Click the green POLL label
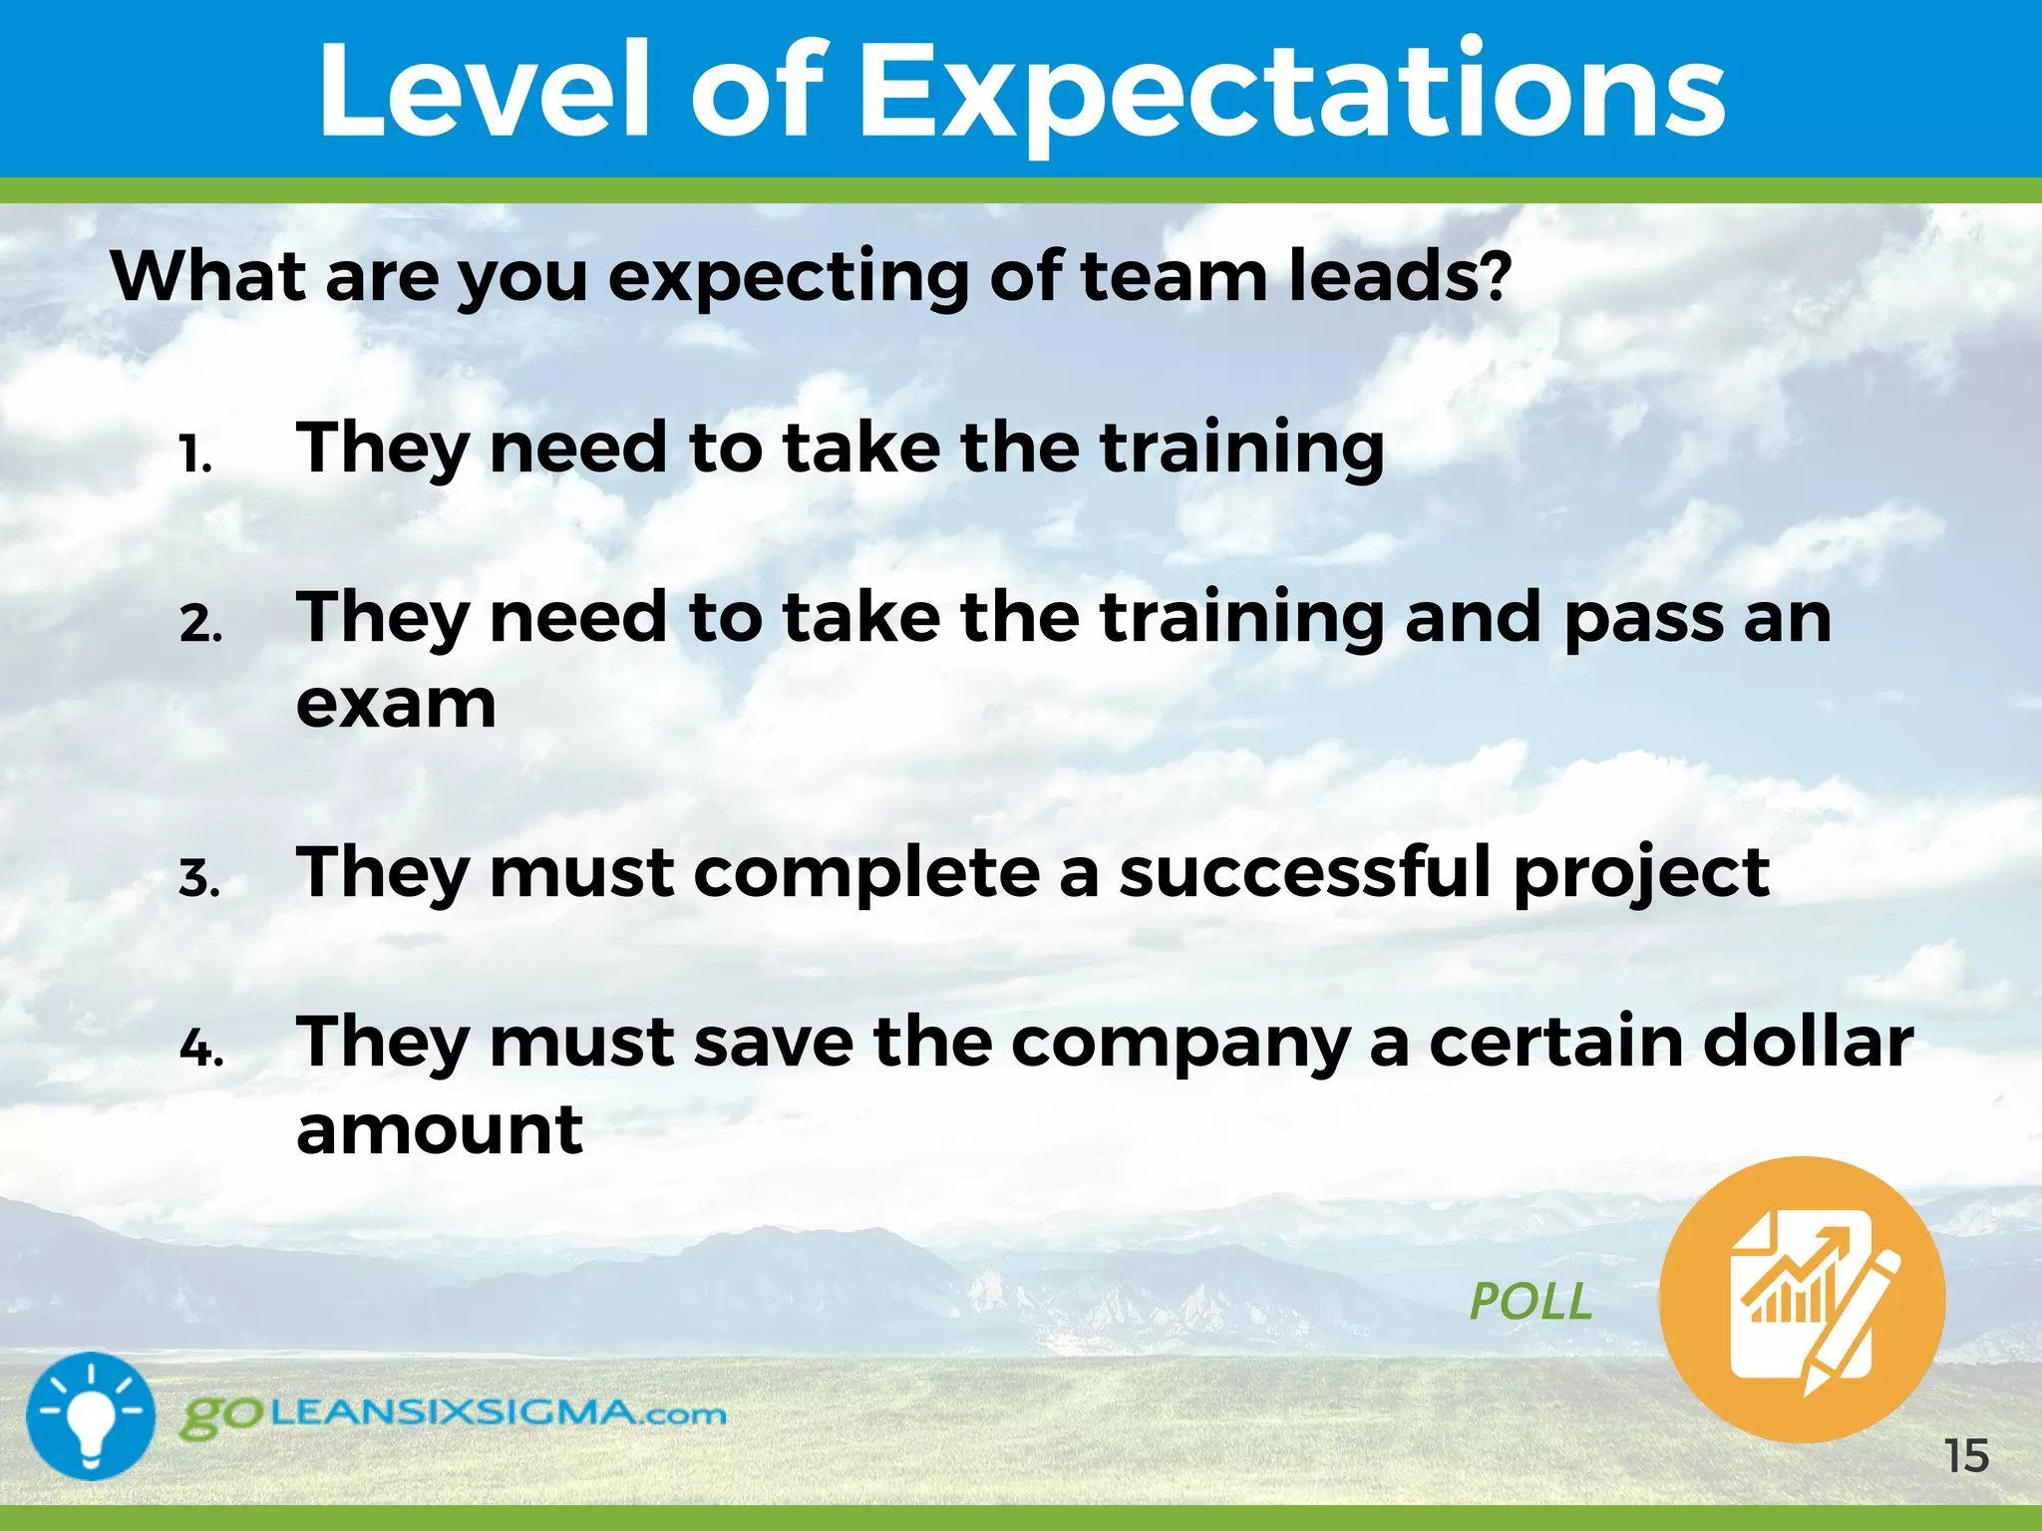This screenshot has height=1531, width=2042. (1531, 1302)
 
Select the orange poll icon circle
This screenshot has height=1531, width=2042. (1802, 1299)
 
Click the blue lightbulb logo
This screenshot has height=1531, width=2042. (91, 1415)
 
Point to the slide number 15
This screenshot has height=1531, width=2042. (1966, 1456)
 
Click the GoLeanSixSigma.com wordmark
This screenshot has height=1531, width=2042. (454, 1415)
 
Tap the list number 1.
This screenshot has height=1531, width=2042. (195, 456)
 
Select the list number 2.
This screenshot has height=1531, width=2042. (200, 625)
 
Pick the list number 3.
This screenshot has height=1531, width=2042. (199, 879)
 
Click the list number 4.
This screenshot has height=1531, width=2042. (201, 1049)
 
